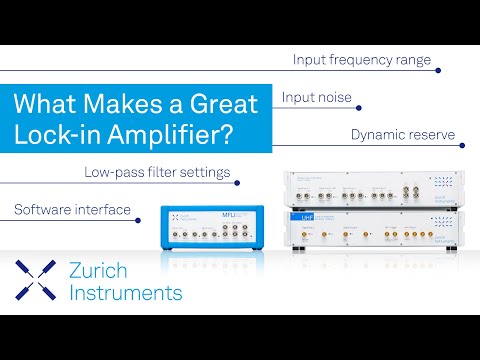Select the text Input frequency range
pos(362,60)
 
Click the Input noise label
pos(315,99)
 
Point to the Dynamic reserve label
pos(403,133)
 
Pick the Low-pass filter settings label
pos(157,172)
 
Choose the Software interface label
pos(72,210)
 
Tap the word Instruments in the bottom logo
pos(126,293)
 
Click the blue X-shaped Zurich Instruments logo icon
pos(35,281)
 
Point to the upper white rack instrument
pos(370,187)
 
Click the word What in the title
pos(50,104)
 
